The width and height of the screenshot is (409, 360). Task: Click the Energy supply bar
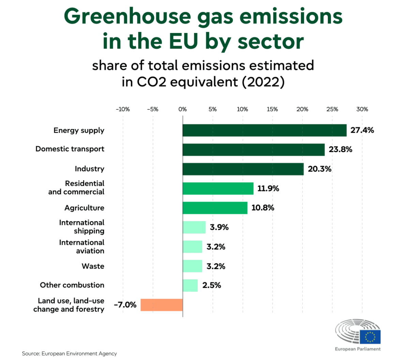coord(264,130)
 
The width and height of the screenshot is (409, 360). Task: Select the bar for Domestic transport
coord(254,150)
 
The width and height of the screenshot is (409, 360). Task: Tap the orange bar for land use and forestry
coord(162,305)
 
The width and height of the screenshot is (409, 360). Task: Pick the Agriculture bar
coord(215,208)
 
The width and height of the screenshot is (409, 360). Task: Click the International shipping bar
coord(194,227)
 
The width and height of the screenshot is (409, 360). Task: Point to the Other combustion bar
coord(190,285)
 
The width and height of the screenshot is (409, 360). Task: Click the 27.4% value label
coord(362,130)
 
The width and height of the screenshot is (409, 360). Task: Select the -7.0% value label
coord(125,305)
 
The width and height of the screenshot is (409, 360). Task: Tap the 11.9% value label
coord(268,189)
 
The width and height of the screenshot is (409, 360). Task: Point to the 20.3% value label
coord(319,169)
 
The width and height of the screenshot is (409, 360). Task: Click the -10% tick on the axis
coord(123,109)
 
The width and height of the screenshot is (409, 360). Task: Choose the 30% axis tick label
coord(362,109)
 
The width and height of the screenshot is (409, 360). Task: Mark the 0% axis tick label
coord(183,109)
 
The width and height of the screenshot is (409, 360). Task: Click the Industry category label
coord(90,169)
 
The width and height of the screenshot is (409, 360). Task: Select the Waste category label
coord(93,266)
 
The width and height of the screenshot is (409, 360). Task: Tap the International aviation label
coord(82,246)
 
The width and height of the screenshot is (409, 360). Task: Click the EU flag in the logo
coord(370,337)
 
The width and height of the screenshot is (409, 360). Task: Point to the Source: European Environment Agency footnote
coord(69,354)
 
